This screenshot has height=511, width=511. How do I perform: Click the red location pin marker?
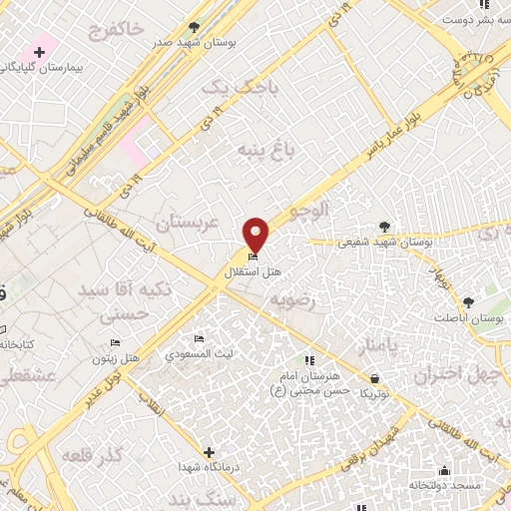(x=256, y=236)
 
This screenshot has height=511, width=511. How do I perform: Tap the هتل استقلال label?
(x=252, y=271)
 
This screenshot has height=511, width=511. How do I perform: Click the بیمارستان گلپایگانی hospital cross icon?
(x=39, y=51)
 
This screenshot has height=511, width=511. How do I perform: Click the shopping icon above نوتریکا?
(x=374, y=378)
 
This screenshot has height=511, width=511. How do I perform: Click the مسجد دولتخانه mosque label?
(x=444, y=484)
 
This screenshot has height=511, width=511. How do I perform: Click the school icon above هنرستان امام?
(x=308, y=360)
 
